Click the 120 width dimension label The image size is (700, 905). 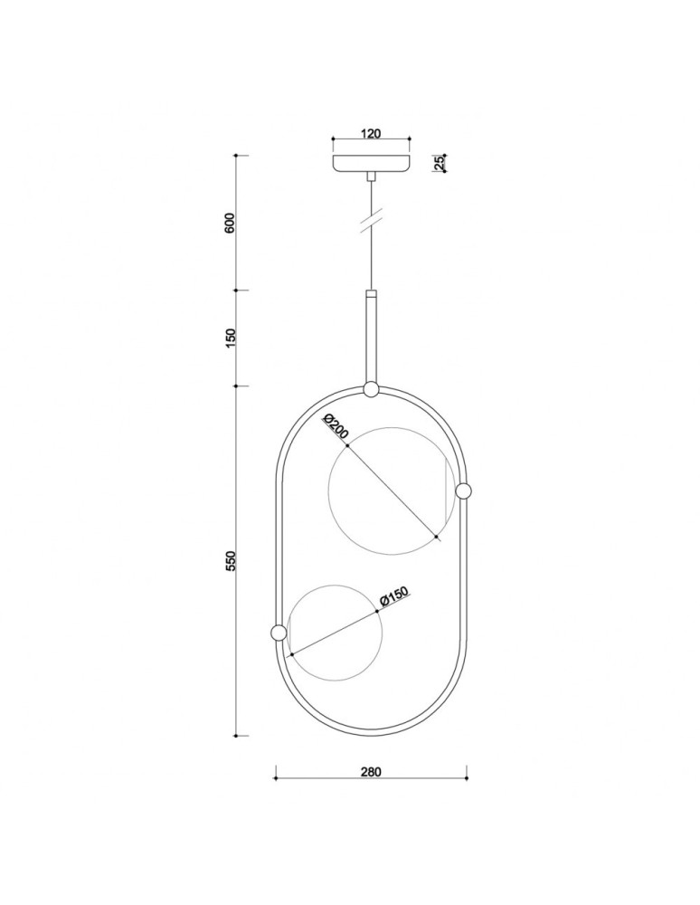coord(370,134)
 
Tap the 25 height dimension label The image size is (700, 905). coord(439,163)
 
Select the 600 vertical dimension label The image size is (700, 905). coord(230,223)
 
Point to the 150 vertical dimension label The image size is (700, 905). coord(230,338)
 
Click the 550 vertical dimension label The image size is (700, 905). coord(230,561)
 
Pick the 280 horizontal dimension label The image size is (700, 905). coord(371,772)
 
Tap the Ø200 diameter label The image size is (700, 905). coord(335,428)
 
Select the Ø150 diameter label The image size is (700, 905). coord(395,598)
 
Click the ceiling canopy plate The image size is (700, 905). coord(371,164)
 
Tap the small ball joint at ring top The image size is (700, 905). coord(371,390)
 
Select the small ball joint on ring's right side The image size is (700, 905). coord(464,491)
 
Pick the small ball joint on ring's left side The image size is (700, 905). coord(278,632)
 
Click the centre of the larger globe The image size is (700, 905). coord(386,491)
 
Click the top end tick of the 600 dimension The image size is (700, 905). coord(236,156)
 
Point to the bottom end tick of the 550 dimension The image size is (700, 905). coord(236,736)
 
